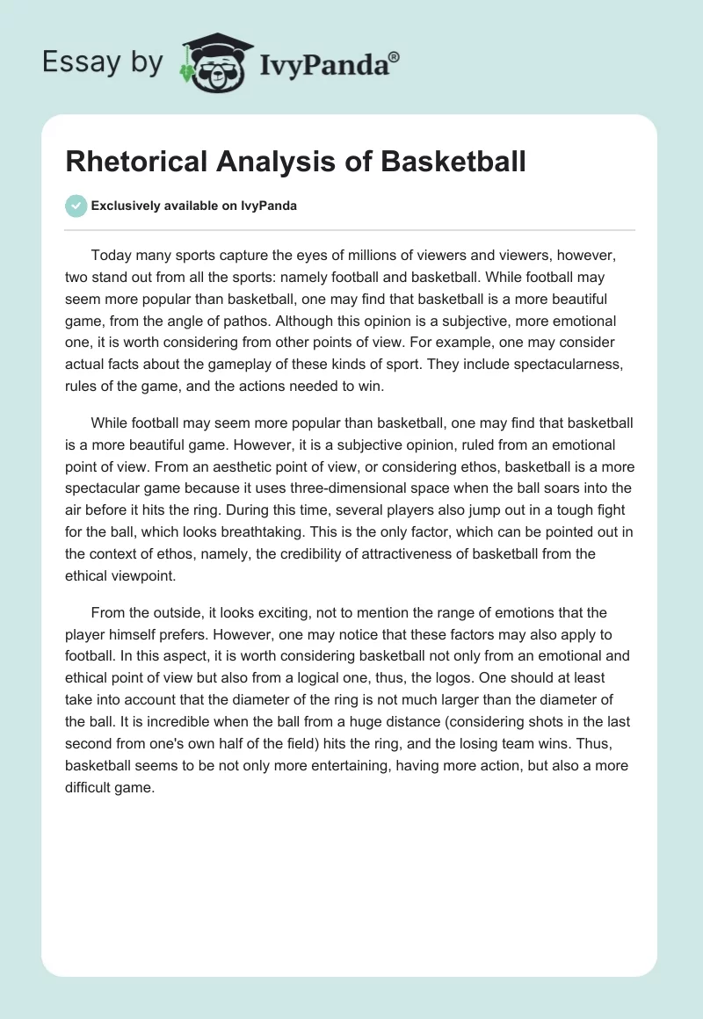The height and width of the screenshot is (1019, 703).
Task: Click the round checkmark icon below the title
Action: coord(76,206)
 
